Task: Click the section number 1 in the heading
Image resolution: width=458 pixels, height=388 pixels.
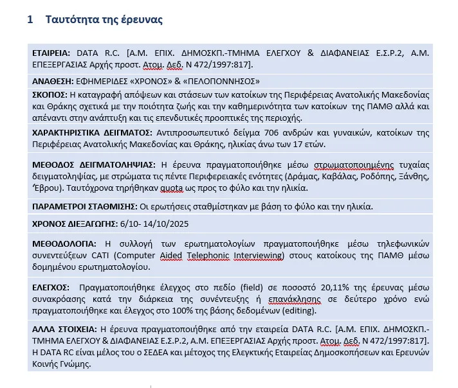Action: point(30,20)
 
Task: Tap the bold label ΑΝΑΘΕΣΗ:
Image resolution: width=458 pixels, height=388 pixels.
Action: point(52,82)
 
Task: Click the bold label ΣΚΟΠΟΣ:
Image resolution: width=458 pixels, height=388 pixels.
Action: point(50,94)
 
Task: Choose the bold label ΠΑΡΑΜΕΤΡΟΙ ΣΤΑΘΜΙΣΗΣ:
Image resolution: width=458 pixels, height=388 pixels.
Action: point(84,206)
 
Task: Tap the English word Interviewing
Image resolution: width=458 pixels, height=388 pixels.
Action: point(257,255)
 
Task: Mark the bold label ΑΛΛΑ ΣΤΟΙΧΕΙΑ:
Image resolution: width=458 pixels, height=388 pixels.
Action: point(65,327)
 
